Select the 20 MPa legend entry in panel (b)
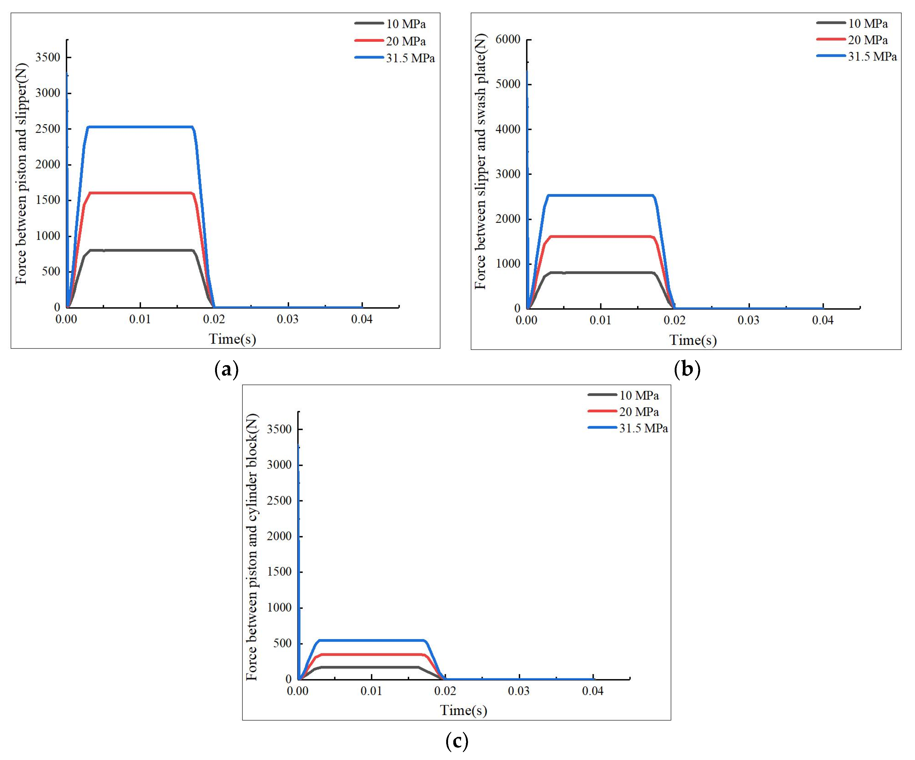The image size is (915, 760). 867,40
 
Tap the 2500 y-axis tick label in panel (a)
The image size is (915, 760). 48,129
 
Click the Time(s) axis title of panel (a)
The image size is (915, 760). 232,339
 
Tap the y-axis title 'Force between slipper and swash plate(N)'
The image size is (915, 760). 481,161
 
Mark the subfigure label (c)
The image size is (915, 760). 457,740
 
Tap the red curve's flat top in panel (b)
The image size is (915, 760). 601,237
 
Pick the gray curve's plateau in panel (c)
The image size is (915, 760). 370,667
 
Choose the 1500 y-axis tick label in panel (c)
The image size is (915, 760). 279,572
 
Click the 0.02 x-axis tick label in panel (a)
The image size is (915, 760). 214,319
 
